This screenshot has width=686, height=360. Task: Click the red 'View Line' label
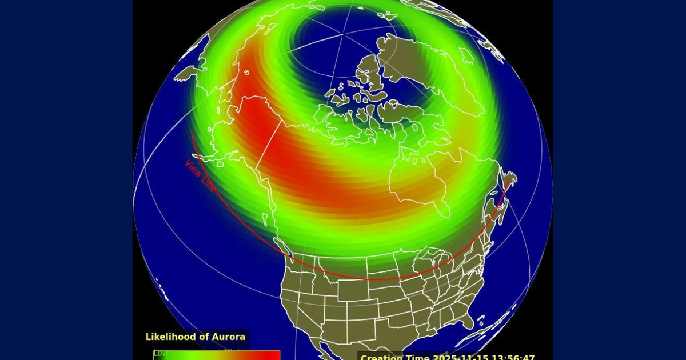[x=200, y=175]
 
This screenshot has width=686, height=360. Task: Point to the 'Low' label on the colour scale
[x=160, y=353]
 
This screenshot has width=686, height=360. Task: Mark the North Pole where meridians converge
[x=344, y=35]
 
